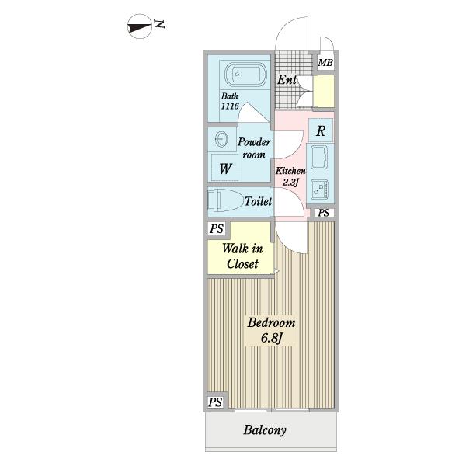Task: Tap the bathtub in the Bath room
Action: pyautogui.click(x=245, y=75)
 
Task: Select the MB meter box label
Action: pyautogui.click(x=325, y=63)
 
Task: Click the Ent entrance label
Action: pyautogui.click(x=287, y=80)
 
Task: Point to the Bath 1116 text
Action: pyautogui.click(x=230, y=101)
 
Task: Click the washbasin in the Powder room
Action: pyautogui.click(x=221, y=139)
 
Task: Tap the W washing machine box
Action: pyautogui.click(x=224, y=168)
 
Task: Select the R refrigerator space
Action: pyautogui.click(x=321, y=130)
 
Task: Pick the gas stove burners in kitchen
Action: pyautogui.click(x=320, y=190)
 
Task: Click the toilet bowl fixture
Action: pyautogui.click(x=225, y=200)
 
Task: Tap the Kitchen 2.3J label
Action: pyautogui.click(x=290, y=176)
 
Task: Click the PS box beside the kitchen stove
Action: pyautogui.click(x=324, y=213)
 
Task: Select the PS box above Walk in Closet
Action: pyautogui.click(x=217, y=229)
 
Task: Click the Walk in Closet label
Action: pyautogui.click(x=242, y=256)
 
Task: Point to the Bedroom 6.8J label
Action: pyautogui.click(x=271, y=330)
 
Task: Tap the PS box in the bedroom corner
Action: pyautogui.click(x=215, y=402)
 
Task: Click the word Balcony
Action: pyautogui.click(x=265, y=430)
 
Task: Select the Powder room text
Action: pyautogui.click(x=254, y=148)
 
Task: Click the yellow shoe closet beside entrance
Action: pyautogui.click(x=324, y=91)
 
